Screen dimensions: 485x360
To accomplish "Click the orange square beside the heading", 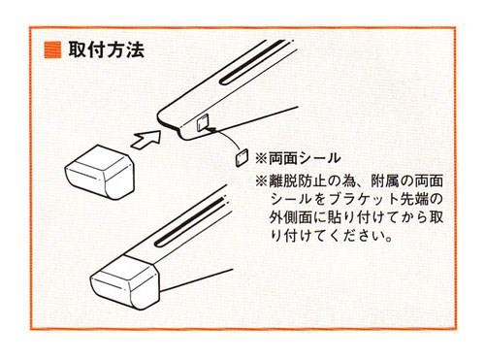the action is [x=52, y=49].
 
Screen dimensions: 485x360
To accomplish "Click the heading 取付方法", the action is [x=106, y=50].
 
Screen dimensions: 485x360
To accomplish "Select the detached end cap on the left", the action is [x=100, y=172].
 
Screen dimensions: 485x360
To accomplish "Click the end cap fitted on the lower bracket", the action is [x=125, y=281].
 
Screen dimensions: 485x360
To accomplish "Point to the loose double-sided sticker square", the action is [x=242, y=157].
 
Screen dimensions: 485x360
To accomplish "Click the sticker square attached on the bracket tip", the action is [x=202, y=123].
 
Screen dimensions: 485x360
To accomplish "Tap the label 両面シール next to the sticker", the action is [x=305, y=158].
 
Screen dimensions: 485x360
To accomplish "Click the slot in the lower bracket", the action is [x=190, y=222].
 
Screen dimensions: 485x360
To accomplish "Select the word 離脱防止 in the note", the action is [x=297, y=181].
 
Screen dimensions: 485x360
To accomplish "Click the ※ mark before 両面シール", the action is [x=261, y=158].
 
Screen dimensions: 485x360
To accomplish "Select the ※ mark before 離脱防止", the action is [x=261, y=181].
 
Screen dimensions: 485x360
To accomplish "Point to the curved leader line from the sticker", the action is [x=230, y=137].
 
